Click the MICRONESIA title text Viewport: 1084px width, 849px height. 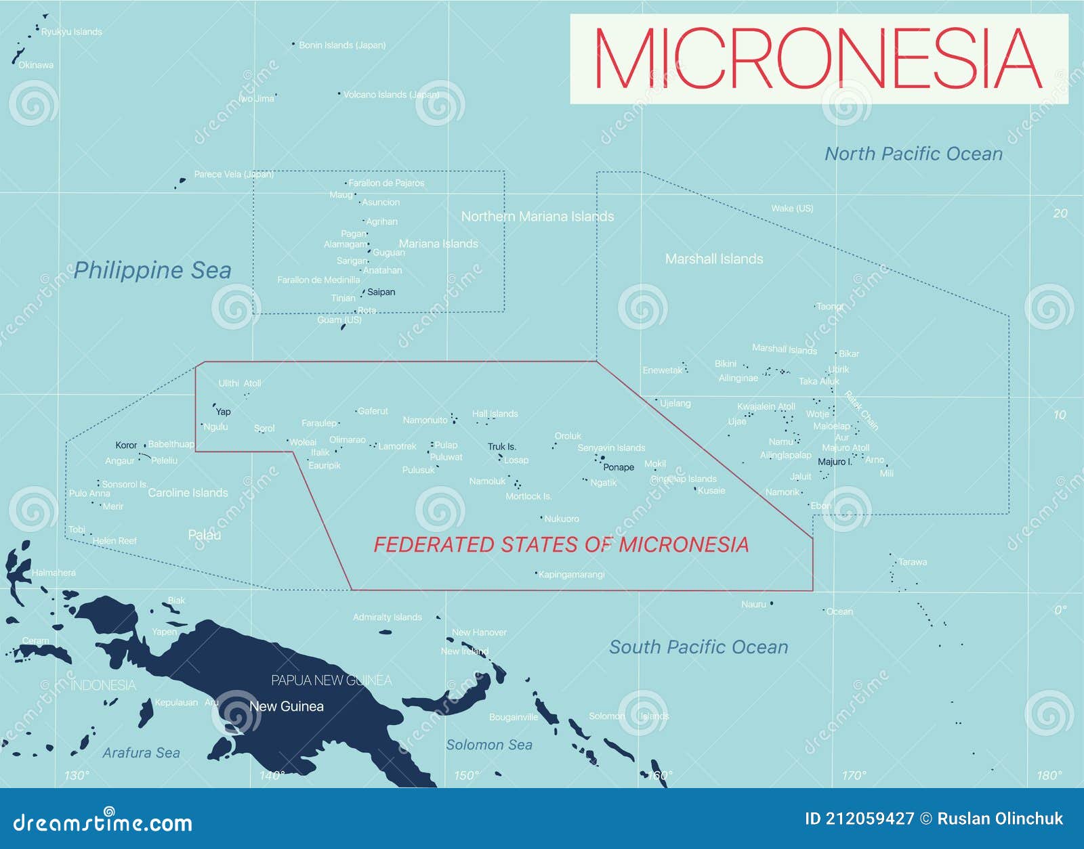[x=818, y=59]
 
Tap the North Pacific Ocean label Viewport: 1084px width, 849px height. [x=913, y=154]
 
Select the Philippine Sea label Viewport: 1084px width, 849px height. [x=152, y=270]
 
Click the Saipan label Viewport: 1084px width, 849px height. [x=381, y=292]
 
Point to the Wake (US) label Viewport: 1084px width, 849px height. [x=792, y=209]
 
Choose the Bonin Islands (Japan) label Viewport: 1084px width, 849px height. [x=342, y=45]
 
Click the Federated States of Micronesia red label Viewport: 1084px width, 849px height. [x=561, y=544]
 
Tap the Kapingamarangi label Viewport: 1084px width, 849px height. [x=571, y=575]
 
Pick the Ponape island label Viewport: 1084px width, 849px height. [x=619, y=467]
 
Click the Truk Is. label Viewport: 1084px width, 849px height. [x=502, y=447]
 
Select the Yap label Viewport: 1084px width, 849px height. [x=223, y=412]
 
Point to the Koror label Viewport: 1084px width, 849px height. [x=126, y=445]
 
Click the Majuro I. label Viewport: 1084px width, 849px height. [x=835, y=462]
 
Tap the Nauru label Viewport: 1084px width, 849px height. [x=753, y=605]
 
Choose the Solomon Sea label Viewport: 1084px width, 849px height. [x=489, y=745]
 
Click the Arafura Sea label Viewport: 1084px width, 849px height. [x=141, y=753]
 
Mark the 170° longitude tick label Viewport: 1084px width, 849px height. [x=854, y=775]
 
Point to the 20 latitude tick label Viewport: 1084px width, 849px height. [x=1060, y=213]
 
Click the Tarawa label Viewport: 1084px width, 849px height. [x=913, y=563]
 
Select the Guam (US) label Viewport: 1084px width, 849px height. [x=339, y=320]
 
